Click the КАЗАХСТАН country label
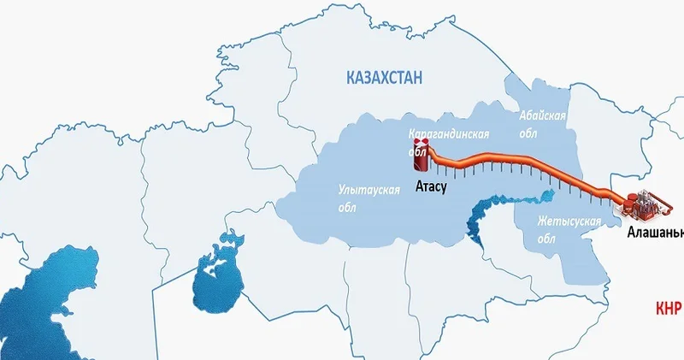[385, 79]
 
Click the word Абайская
[543, 115]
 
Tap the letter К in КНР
[660, 309]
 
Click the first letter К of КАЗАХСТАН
[351, 79]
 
